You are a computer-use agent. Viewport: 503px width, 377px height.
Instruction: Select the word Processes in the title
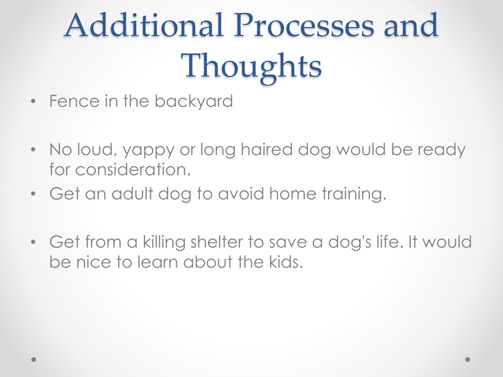coord(304,25)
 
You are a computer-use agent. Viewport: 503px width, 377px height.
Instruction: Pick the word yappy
coord(148,151)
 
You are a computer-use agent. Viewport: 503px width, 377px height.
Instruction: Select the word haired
coord(267,149)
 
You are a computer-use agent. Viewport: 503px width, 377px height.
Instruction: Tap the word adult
coord(132,193)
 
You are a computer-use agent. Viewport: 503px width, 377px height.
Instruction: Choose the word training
coord(354,194)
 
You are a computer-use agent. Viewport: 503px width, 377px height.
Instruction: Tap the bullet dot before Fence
coord(33,102)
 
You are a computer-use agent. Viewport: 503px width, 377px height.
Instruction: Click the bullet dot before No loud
coord(33,150)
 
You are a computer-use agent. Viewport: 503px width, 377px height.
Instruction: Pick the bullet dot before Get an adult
coord(33,194)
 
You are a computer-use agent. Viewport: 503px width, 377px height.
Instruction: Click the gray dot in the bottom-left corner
coord(34,360)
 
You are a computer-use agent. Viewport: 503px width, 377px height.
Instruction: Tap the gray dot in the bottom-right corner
coord(468,360)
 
